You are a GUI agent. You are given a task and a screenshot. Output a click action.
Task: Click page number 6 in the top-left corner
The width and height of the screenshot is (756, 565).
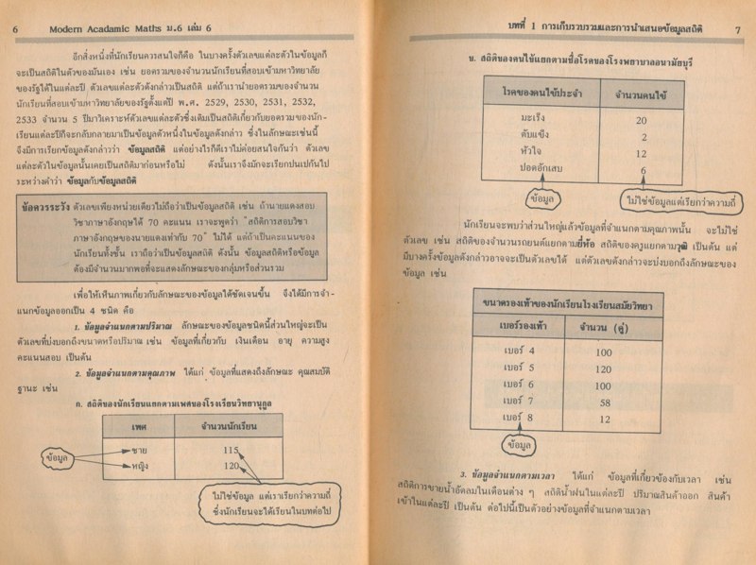(x=15, y=30)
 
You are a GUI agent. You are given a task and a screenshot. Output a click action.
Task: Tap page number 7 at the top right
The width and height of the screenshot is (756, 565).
(x=735, y=29)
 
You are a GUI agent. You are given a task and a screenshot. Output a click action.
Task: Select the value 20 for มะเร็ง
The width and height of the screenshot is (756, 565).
(x=640, y=121)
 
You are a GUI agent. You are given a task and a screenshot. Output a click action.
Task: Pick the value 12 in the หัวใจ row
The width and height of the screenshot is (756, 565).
(x=640, y=154)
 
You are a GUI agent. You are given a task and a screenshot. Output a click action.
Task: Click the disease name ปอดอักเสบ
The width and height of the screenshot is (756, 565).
(x=521, y=170)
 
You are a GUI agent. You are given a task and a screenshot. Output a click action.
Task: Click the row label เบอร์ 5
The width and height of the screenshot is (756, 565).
(x=517, y=368)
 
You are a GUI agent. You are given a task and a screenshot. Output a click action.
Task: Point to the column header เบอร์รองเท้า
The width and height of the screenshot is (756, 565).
(x=516, y=327)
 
